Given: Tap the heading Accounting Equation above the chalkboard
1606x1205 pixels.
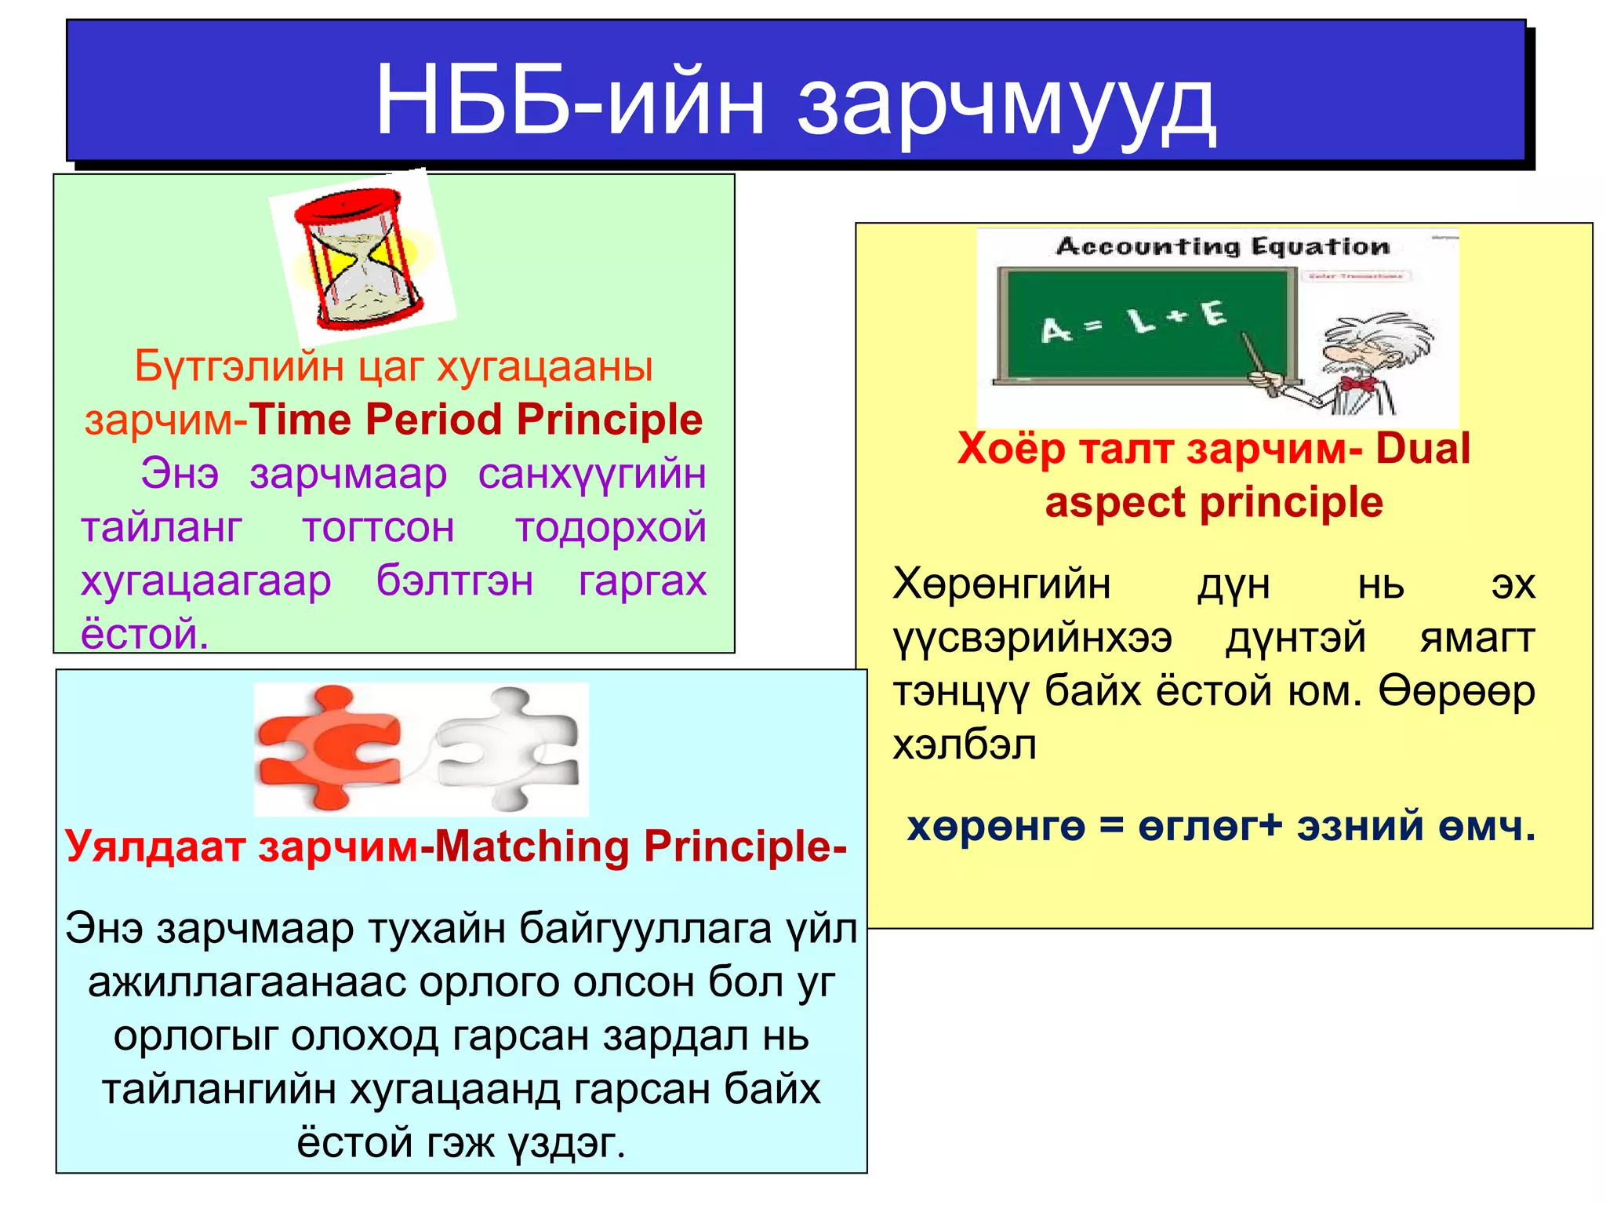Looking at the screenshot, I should pos(1222,246).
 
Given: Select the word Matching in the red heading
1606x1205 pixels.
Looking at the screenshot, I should pos(532,847).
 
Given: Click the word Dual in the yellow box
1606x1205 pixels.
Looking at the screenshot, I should pos(1423,450).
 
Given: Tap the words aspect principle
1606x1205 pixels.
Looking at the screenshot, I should pos(1213,503).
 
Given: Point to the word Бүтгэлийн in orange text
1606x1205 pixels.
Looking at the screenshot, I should pos(239,366).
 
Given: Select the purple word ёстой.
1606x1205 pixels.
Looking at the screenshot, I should pos(144,634).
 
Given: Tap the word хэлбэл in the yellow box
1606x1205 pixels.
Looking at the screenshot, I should pos(964,744).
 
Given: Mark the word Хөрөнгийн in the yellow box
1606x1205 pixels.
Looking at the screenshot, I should pos(1001,584).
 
